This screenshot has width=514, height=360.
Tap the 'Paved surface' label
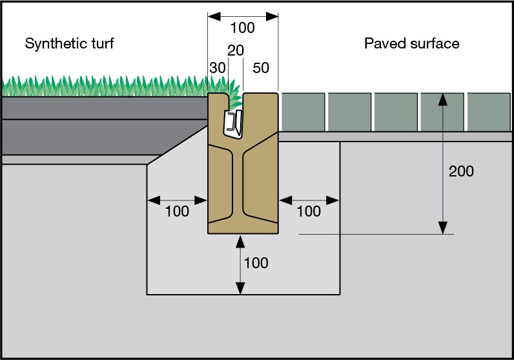411,44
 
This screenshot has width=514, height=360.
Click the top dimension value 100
242,28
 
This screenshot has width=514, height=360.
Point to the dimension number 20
236,50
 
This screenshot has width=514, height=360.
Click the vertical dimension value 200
462,171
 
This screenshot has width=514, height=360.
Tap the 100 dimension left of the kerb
177,211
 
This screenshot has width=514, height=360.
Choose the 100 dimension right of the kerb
309,211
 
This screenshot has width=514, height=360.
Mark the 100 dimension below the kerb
256,263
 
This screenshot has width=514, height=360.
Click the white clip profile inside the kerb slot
233,123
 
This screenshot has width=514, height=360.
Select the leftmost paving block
303,112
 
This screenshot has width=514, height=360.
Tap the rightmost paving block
489,112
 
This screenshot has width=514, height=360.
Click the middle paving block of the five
396,112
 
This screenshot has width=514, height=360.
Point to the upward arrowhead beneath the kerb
241,240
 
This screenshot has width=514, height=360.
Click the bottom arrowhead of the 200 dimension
442,227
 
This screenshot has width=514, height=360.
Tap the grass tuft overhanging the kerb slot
236,99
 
